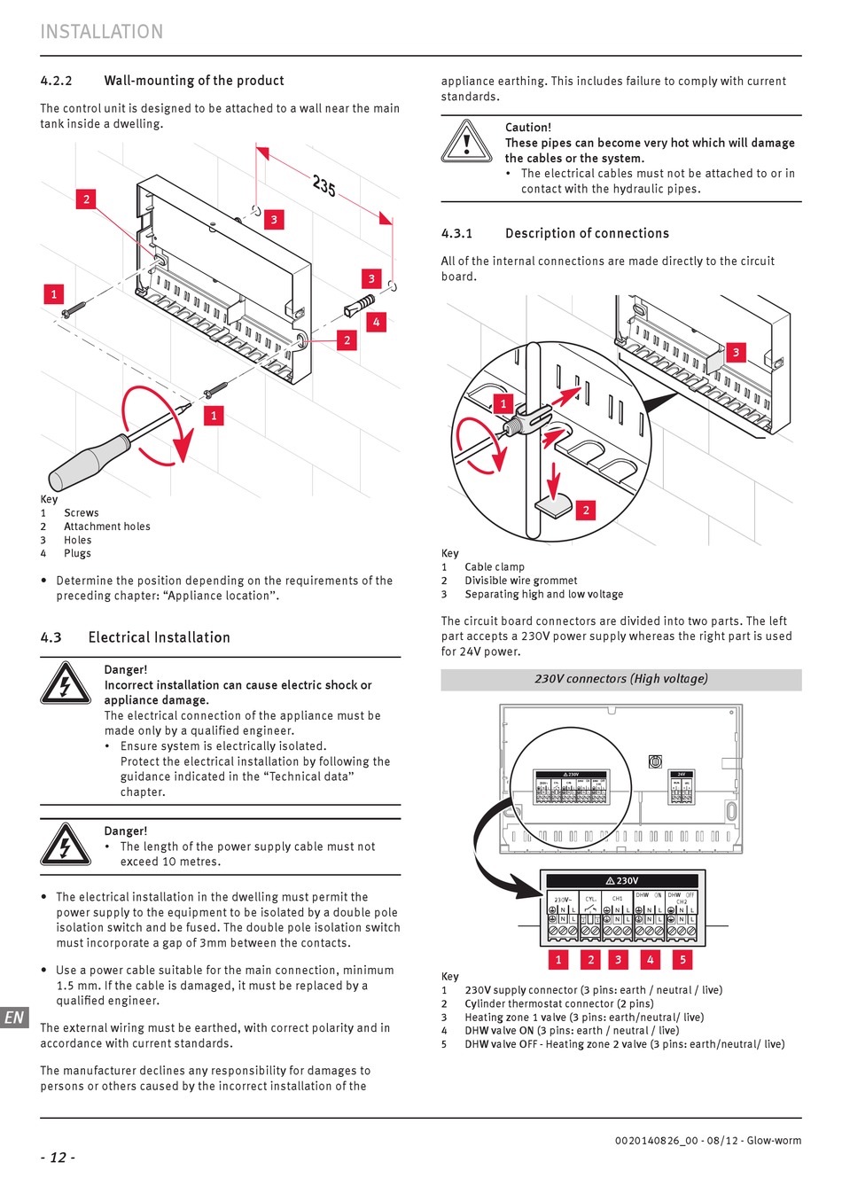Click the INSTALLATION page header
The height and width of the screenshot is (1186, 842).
pos(101,32)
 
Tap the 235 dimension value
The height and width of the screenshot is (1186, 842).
pos(324,185)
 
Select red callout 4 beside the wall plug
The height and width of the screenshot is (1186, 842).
pos(376,323)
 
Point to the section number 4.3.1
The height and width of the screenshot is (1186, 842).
pos(456,234)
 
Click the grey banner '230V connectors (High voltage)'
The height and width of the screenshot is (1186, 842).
pos(620,679)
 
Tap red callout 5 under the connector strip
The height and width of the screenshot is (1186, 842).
pos(682,959)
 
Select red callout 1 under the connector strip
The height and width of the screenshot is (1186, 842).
pos(558,959)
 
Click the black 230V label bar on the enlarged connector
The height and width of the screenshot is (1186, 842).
pos(621,881)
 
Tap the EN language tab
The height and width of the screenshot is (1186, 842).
pos(14,1018)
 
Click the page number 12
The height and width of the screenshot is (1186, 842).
pos(58,1158)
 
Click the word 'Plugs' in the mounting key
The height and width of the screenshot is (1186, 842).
pos(77,553)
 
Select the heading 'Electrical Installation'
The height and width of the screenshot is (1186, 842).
pos(159,637)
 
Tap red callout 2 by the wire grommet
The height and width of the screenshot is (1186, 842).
pos(586,510)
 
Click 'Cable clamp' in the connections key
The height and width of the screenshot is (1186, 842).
pos(495,567)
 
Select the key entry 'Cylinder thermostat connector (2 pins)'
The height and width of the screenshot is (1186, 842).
pos(558,1004)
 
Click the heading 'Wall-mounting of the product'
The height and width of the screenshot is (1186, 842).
pos(194,81)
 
